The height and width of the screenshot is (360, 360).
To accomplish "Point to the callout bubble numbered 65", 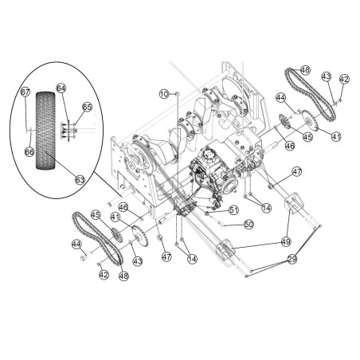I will pyautogui.click(x=87, y=106).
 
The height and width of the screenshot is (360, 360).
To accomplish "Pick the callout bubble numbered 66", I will pyautogui.click(x=30, y=151).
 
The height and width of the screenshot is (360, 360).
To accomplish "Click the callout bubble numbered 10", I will pyautogui.click(x=165, y=94).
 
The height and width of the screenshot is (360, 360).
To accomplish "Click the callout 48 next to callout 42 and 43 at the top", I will pyautogui.click(x=304, y=69).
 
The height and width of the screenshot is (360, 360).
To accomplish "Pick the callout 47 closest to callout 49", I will pyautogui.click(x=296, y=171).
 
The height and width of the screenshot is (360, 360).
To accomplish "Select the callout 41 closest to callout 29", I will pyautogui.click(x=335, y=137).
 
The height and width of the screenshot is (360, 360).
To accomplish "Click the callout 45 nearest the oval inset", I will pyautogui.click(x=96, y=214).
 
